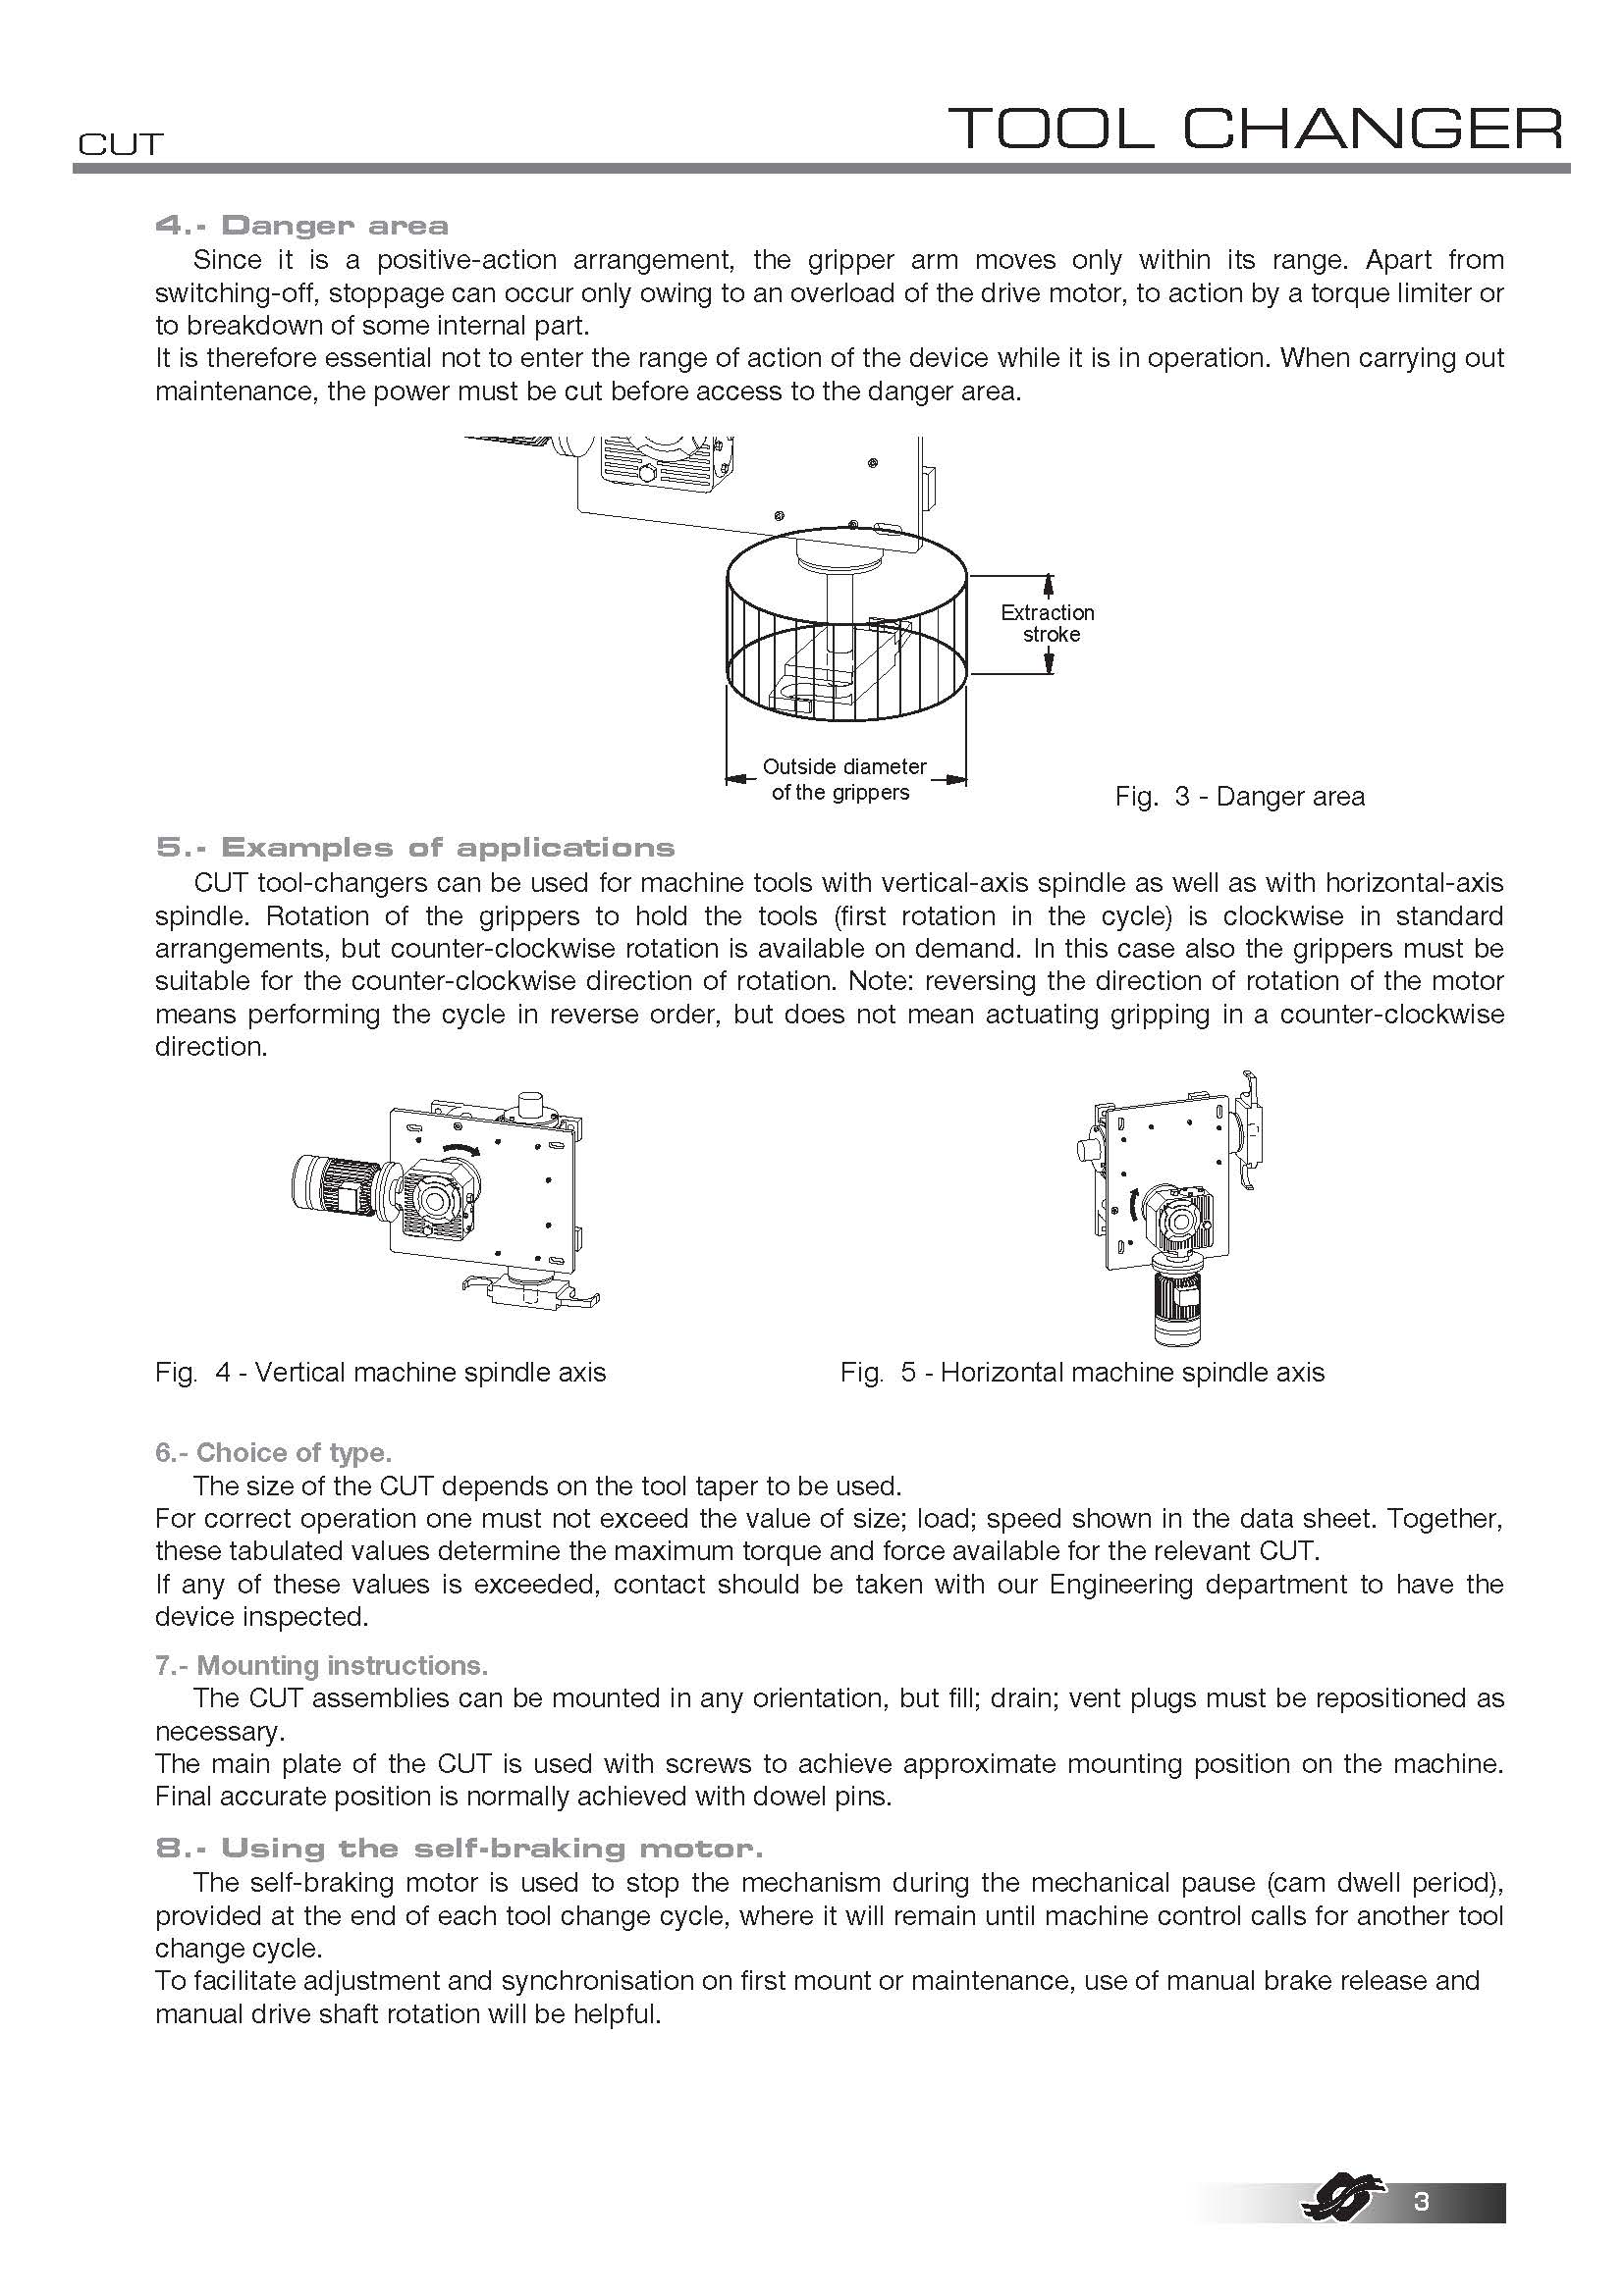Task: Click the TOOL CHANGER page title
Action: click(1255, 129)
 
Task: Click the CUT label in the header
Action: click(120, 145)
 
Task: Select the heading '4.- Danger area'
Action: click(302, 225)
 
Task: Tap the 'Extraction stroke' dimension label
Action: click(1048, 624)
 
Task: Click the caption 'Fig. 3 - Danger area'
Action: click(1239, 797)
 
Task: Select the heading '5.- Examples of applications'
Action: click(415, 848)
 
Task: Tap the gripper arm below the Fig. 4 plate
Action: click(529, 1295)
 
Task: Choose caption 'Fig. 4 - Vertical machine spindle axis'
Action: click(380, 1373)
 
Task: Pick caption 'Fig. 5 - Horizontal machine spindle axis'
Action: click(1082, 1373)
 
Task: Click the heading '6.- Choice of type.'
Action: click(273, 1452)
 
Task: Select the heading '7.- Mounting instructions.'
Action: click(321, 1665)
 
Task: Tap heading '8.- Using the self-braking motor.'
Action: click(459, 1849)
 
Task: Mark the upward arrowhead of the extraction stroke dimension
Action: click(1048, 582)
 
